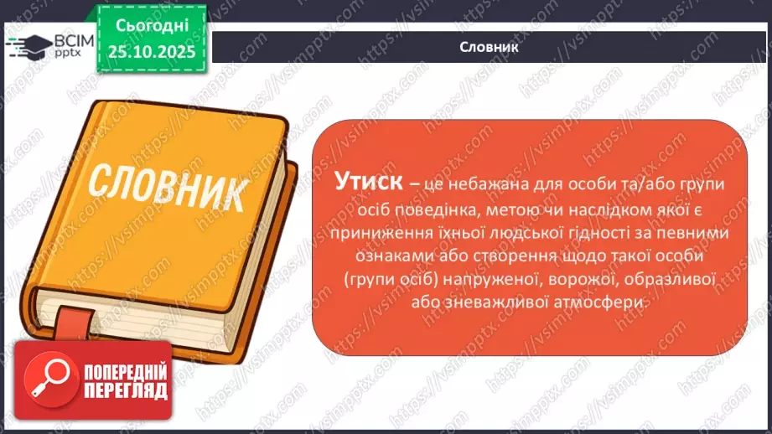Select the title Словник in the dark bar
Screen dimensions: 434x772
[x=490, y=47]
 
